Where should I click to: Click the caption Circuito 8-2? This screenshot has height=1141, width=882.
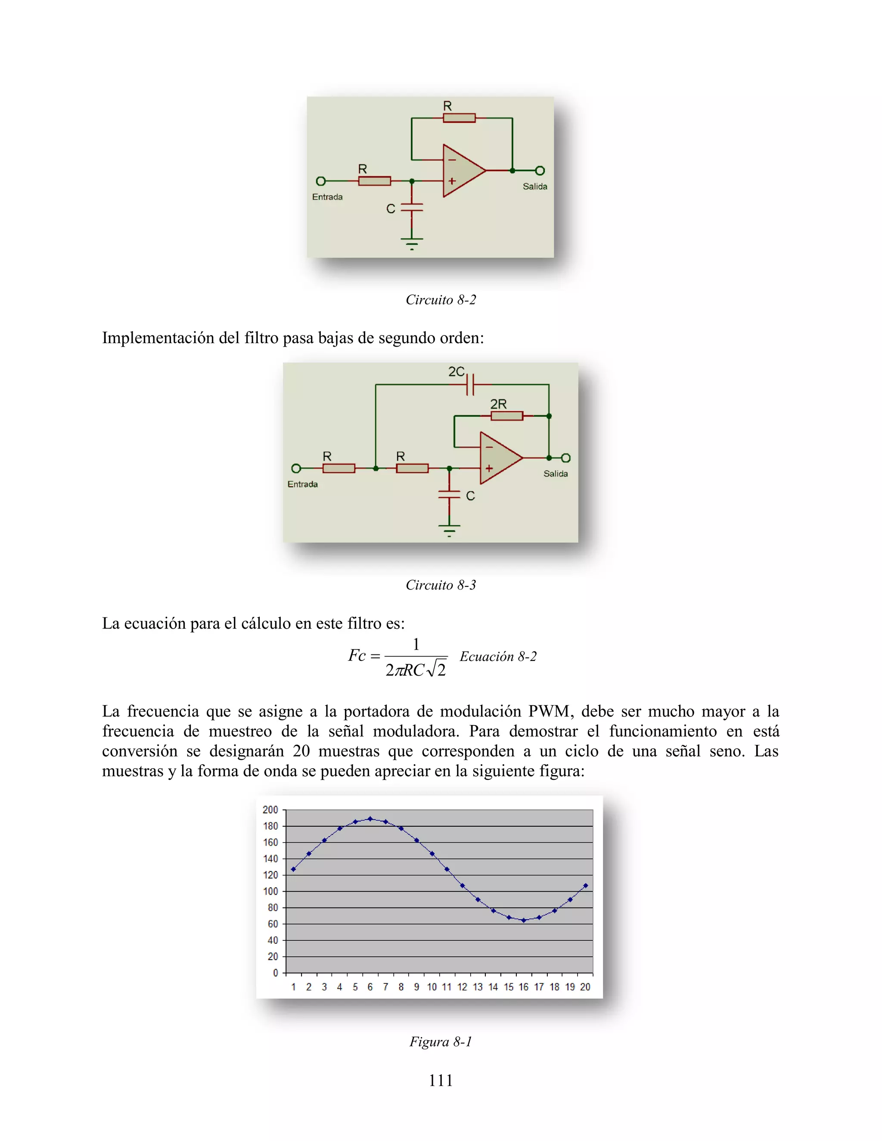[441, 300]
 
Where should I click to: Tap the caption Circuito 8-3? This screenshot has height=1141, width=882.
[441, 585]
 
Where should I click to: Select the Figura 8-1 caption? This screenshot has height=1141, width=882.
[441, 1042]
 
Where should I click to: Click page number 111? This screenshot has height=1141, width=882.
[441, 1080]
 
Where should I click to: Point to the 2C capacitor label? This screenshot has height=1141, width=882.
[456, 372]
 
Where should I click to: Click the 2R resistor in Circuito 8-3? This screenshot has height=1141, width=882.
[506, 416]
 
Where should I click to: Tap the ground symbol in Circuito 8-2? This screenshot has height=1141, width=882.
[412, 242]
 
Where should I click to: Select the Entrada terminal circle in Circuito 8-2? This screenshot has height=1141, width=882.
[321, 181]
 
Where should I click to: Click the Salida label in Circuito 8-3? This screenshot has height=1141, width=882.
[556, 474]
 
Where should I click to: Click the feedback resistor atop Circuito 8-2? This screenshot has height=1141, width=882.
[459, 118]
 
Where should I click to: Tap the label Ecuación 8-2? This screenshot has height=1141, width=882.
[498, 657]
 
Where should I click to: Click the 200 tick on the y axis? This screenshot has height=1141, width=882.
[270, 810]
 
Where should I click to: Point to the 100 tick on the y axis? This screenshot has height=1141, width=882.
[270, 891]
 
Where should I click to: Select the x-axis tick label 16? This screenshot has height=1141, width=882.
[524, 987]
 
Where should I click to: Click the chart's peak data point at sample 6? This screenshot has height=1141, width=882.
[370, 819]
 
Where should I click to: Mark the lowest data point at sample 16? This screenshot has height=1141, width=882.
[524, 921]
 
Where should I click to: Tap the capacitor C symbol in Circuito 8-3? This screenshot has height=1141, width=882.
[449, 494]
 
